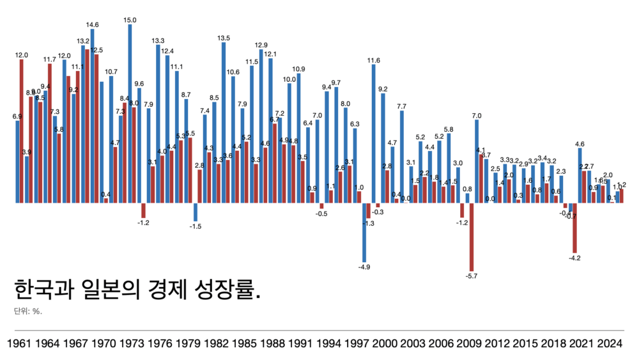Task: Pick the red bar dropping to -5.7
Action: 472,237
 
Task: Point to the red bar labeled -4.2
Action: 575,228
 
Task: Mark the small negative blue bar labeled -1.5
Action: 196,212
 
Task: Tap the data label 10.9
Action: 298,69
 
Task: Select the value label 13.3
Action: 158,41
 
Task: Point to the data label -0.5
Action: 321,214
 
